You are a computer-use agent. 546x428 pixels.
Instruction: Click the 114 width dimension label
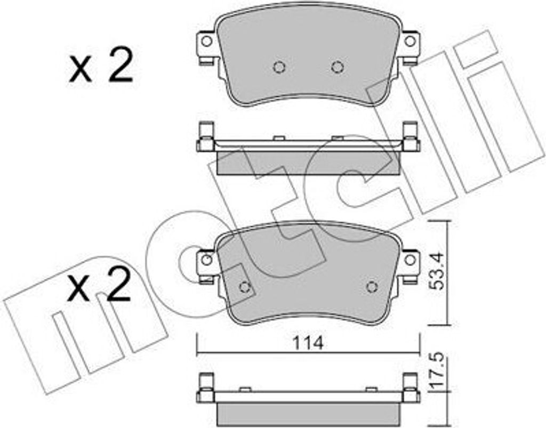tap(308, 343)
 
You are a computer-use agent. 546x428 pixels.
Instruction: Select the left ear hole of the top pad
tap(206, 42)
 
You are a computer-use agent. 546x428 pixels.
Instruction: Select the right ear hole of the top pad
tap(410, 42)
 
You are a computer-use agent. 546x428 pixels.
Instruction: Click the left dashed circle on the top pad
tap(279, 67)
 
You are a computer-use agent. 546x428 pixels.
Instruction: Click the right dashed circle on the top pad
tap(338, 67)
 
